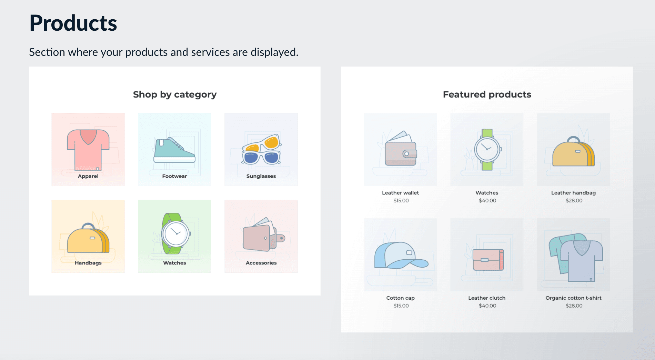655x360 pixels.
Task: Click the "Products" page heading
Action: (73, 23)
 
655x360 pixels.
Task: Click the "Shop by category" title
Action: (175, 94)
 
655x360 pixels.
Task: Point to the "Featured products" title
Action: (487, 94)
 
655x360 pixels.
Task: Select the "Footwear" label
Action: (174, 176)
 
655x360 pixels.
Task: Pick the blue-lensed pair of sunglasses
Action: (261, 158)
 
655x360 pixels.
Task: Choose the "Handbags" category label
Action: (88, 263)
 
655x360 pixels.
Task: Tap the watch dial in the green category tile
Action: (176, 233)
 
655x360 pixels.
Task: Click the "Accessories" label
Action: (261, 263)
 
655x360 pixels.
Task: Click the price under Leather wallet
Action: (401, 201)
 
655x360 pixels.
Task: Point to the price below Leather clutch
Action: (487, 306)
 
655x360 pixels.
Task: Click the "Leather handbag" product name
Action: (573, 193)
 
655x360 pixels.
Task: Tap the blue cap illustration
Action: (401, 256)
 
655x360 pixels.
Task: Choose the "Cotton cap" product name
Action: (400, 298)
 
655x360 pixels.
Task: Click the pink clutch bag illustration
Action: (488, 260)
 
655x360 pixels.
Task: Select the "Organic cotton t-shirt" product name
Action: (573, 298)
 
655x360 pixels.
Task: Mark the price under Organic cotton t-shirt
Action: (574, 306)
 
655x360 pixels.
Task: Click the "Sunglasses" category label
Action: (261, 176)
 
